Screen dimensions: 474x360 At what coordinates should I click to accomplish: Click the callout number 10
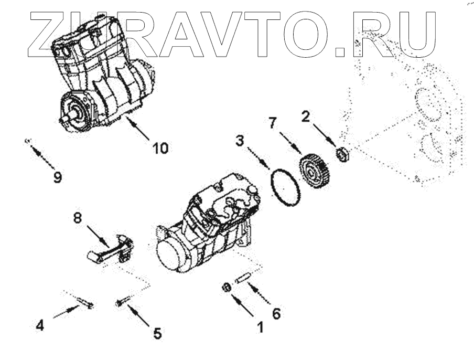(x=160, y=148)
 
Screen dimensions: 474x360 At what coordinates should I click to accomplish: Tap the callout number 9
(x=57, y=177)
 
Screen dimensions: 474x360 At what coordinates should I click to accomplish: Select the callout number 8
(x=77, y=217)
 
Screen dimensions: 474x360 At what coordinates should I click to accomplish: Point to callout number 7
(x=272, y=124)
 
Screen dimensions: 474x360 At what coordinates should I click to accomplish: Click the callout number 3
(x=239, y=140)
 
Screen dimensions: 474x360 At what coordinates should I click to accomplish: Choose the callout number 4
(x=40, y=325)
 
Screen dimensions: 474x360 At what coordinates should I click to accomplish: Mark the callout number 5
(x=156, y=333)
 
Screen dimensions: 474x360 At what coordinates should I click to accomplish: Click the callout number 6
(x=276, y=313)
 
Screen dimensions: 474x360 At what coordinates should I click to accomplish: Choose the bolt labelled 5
(x=121, y=302)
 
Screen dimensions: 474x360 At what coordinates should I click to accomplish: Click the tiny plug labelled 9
(x=27, y=140)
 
